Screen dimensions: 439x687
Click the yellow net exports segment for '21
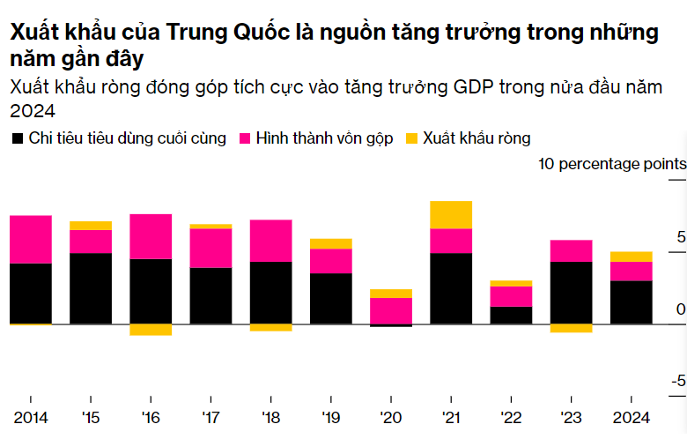(x=451, y=214)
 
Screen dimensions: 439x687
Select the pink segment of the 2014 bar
(x=31, y=239)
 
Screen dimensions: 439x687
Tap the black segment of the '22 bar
(x=511, y=316)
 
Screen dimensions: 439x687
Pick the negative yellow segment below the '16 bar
(x=151, y=330)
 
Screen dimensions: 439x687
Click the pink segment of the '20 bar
(x=390, y=310)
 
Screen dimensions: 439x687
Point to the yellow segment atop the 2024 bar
(x=631, y=257)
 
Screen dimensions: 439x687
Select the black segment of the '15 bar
(x=91, y=288)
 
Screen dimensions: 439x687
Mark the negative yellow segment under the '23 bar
(x=571, y=328)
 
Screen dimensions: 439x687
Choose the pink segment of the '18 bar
(x=270, y=241)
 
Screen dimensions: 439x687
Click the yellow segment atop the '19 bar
(x=330, y=243)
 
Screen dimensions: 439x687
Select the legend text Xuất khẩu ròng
(x=476, y=138)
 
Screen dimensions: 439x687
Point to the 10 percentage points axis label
(x=611, y=164)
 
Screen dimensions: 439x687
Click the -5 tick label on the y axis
(x=678, y=381)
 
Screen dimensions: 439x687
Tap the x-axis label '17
(x=211, y=417)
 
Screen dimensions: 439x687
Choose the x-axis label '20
(x=390, y=417)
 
